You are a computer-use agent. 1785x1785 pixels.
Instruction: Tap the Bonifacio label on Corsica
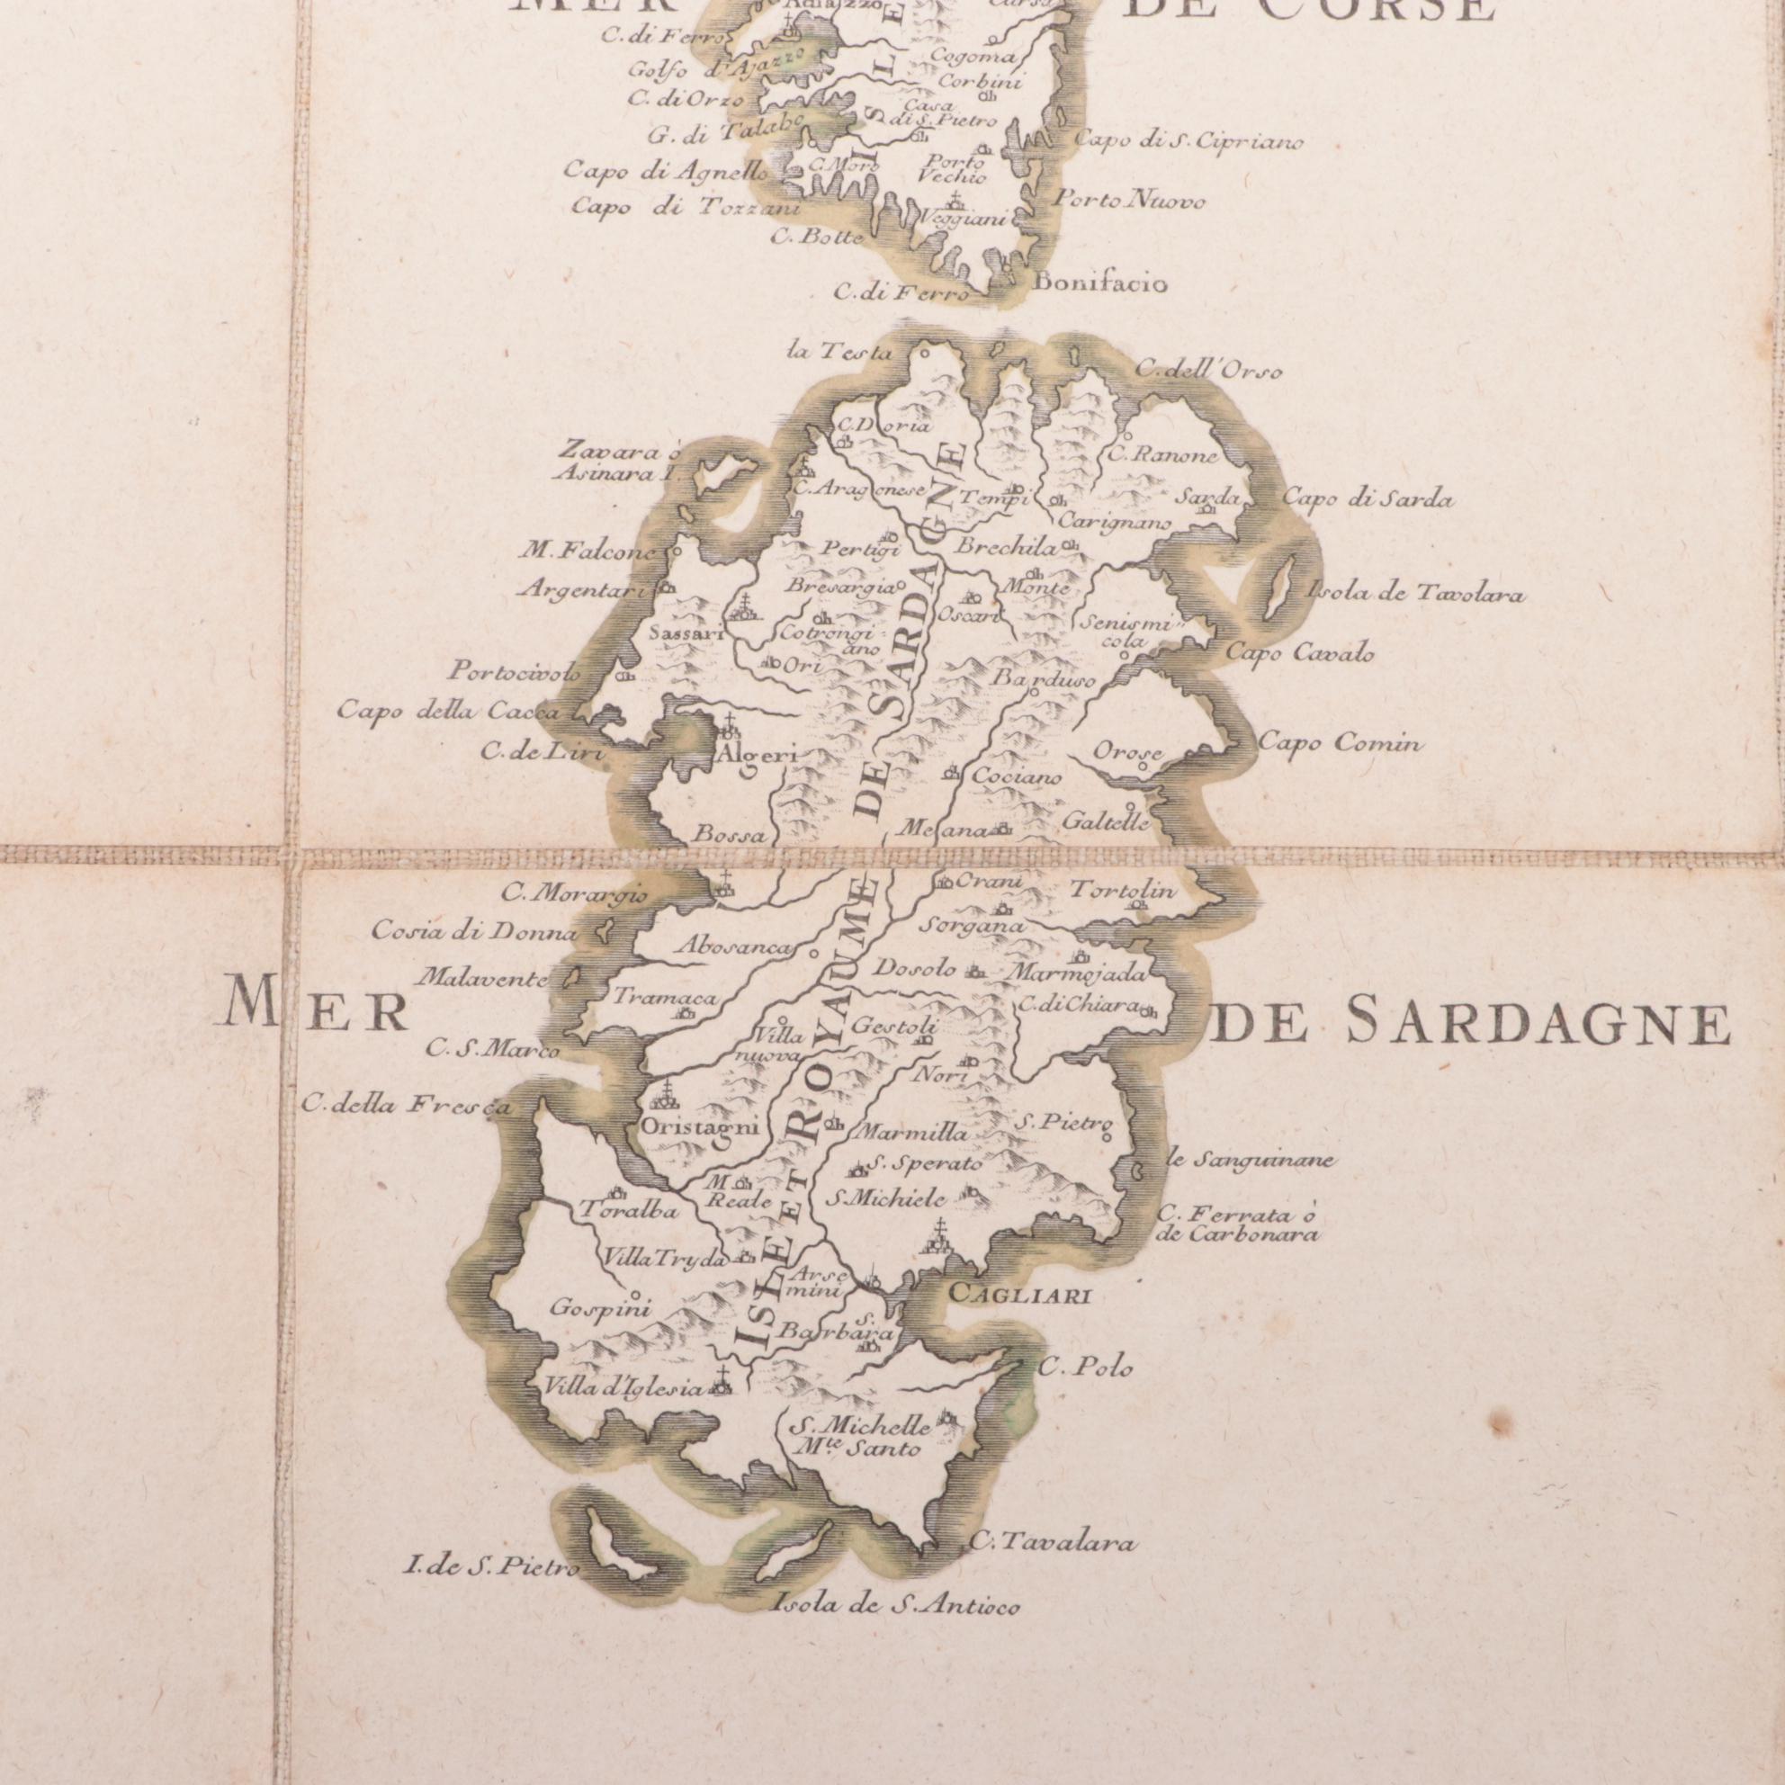click(x=1101, y=283)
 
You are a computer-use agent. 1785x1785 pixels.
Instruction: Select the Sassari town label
click(x=684, y=633)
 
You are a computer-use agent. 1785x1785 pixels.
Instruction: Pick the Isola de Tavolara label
click(x=1415, y=595)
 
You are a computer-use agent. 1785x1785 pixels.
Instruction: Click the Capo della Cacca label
click(x=448, y=712)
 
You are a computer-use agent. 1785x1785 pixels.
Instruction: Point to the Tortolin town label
click(x=1123, y=892)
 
